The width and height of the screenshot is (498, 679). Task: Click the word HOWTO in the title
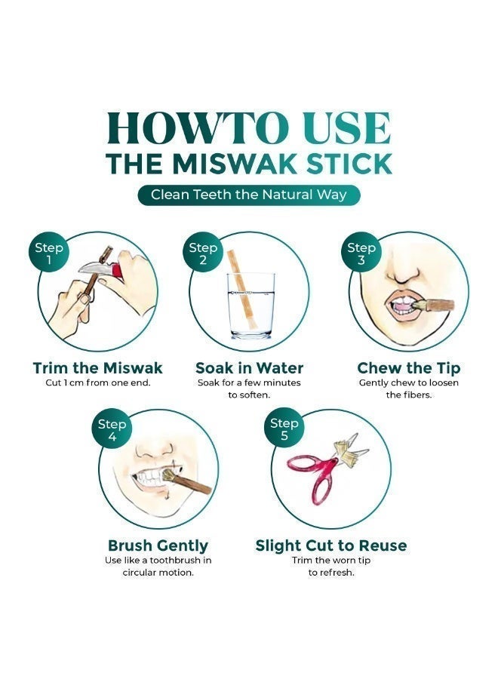[192, 128]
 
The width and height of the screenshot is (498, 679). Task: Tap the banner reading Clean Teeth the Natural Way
[249, 195]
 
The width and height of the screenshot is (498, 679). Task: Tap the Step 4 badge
[112, 430]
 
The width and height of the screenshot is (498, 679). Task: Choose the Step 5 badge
[284, 430]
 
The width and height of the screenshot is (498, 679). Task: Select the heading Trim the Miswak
[98, 368]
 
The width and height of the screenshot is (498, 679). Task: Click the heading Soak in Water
[249, 368]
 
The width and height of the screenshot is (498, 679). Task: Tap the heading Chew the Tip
[408, 368]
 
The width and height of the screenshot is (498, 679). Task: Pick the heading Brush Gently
[158, 545]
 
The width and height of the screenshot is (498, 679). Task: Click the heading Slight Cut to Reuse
[330, 545]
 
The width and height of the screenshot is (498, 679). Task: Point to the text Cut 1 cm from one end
[98, 383]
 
